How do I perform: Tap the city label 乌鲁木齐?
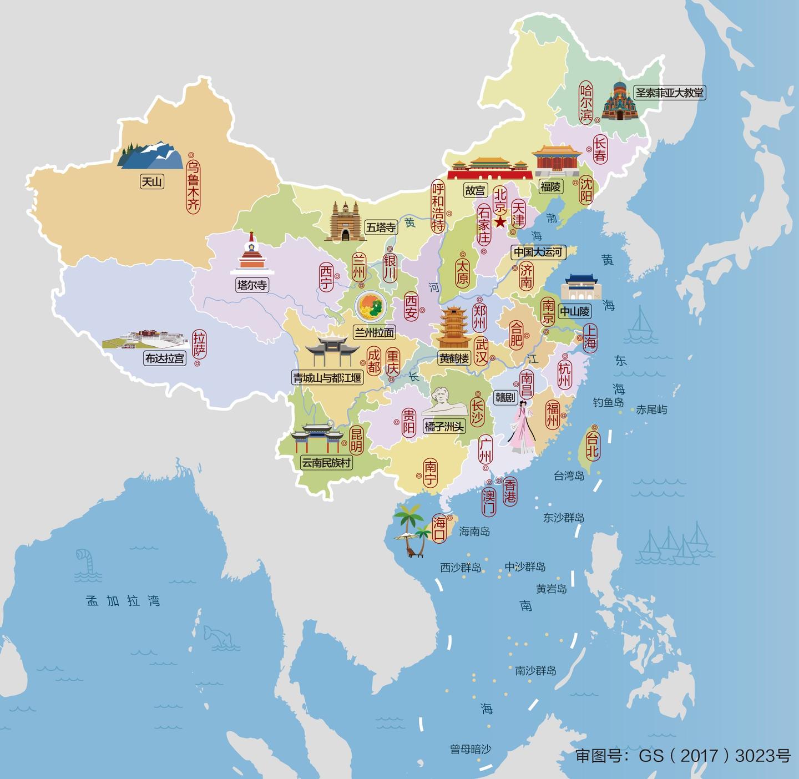(x=193, y=186)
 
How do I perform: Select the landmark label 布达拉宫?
(x=164, y=358)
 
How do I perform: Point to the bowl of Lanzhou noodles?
(x=371, y=306)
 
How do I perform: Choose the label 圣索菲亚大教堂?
(x=669, y=93)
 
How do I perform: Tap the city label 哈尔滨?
(x=586, y=103)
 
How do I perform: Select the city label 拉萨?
(x=199, y=344)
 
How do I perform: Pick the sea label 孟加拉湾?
(x=123, y=600)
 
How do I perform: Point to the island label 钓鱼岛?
(x=608, y=402)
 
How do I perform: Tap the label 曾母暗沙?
(x=471, y=749)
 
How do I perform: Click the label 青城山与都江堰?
(x=327, y=378)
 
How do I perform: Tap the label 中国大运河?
(x=537, y=252)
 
